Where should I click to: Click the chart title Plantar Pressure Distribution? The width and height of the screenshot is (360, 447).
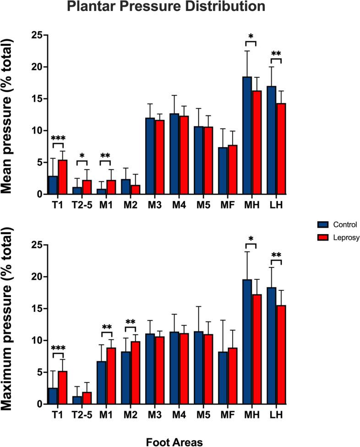pyautogui.click(x=166, y=7)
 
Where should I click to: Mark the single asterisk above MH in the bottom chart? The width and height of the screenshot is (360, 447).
pyautogui.click(x=251, y=238)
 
